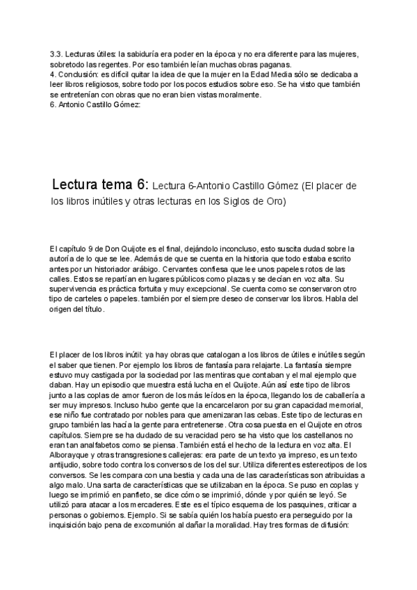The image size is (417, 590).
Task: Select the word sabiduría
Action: [x=137, y=54]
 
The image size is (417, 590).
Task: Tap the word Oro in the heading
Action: [x=275, y=202]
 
